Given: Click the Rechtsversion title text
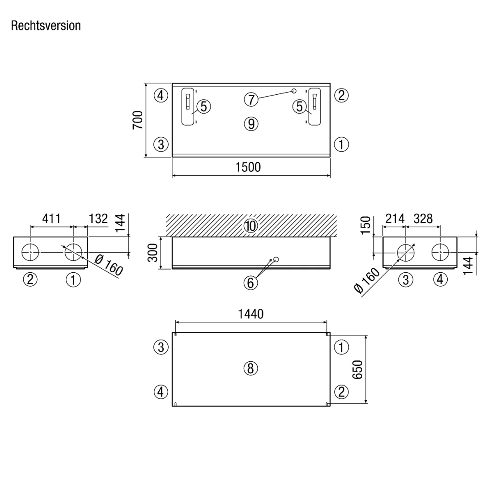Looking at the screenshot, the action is click(46, 26).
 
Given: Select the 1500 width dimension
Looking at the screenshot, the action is click(248, 167).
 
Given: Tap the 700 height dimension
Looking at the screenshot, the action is click(138, 120).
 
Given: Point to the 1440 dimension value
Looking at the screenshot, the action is click(251, 314).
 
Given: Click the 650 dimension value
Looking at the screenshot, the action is click(357, 369).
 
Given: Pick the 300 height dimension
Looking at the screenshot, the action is click(153, 253).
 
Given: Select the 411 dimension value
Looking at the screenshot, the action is click(51, 219).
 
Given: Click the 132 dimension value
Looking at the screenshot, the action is click(98, 219).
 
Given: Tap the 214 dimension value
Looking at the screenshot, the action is click(395, 219).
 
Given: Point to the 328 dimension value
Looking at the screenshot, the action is click(423, 219).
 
